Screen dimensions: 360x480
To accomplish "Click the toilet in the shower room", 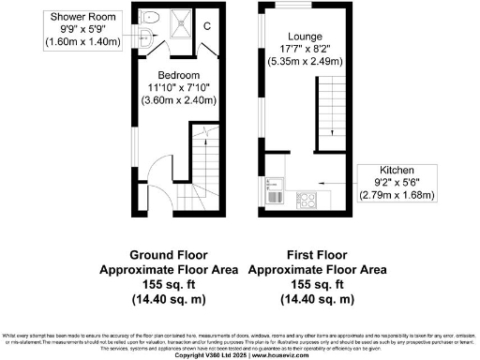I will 153,17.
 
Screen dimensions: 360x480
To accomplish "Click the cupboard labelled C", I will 207,25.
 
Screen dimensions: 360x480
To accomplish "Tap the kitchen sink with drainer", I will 276,192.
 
